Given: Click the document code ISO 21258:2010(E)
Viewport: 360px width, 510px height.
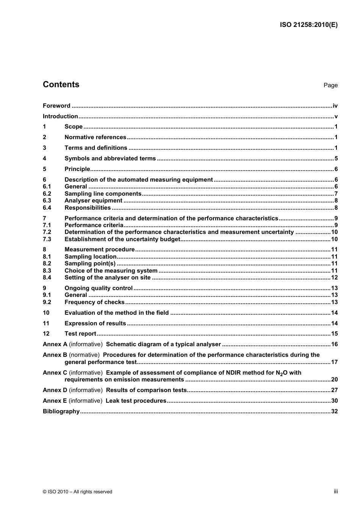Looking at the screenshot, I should tap(308, 25).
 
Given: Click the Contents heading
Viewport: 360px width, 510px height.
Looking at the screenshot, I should tap(61, 85).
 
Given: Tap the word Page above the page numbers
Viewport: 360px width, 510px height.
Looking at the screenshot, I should tap(330, 85).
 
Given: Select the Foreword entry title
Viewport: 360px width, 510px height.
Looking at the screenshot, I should tap(56, 106).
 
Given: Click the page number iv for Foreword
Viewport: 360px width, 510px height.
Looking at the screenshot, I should tap(335, 106).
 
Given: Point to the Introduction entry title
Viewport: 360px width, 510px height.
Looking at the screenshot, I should tap(60, 116).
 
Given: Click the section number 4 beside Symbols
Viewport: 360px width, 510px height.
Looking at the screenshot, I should tap(44, 158).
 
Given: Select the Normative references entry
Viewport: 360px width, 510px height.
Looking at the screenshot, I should tap(95, 137).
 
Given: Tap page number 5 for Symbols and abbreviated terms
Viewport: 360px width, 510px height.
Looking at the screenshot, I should tap(336, 158).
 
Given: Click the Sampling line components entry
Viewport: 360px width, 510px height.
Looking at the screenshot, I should tap(103, 194).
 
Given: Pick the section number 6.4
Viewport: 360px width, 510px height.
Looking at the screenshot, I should tap(47, 208).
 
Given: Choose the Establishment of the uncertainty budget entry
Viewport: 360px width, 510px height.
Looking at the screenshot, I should tap(122, 239).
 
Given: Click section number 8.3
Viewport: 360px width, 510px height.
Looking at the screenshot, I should tap(47, 271).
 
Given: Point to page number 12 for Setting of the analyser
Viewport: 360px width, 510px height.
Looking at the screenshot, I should tap(334, 278).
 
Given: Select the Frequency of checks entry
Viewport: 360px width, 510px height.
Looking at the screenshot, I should tap(94, 302).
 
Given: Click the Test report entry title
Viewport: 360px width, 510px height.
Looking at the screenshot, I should tap(80, 334).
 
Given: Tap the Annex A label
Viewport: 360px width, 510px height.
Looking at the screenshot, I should tap(55, 344).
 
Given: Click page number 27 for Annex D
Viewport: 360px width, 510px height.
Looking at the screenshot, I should tap(334, 390).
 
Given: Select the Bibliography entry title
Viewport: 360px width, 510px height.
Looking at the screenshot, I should tap(61, 411).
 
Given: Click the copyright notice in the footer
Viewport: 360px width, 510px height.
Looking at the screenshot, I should tap(77, 492).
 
